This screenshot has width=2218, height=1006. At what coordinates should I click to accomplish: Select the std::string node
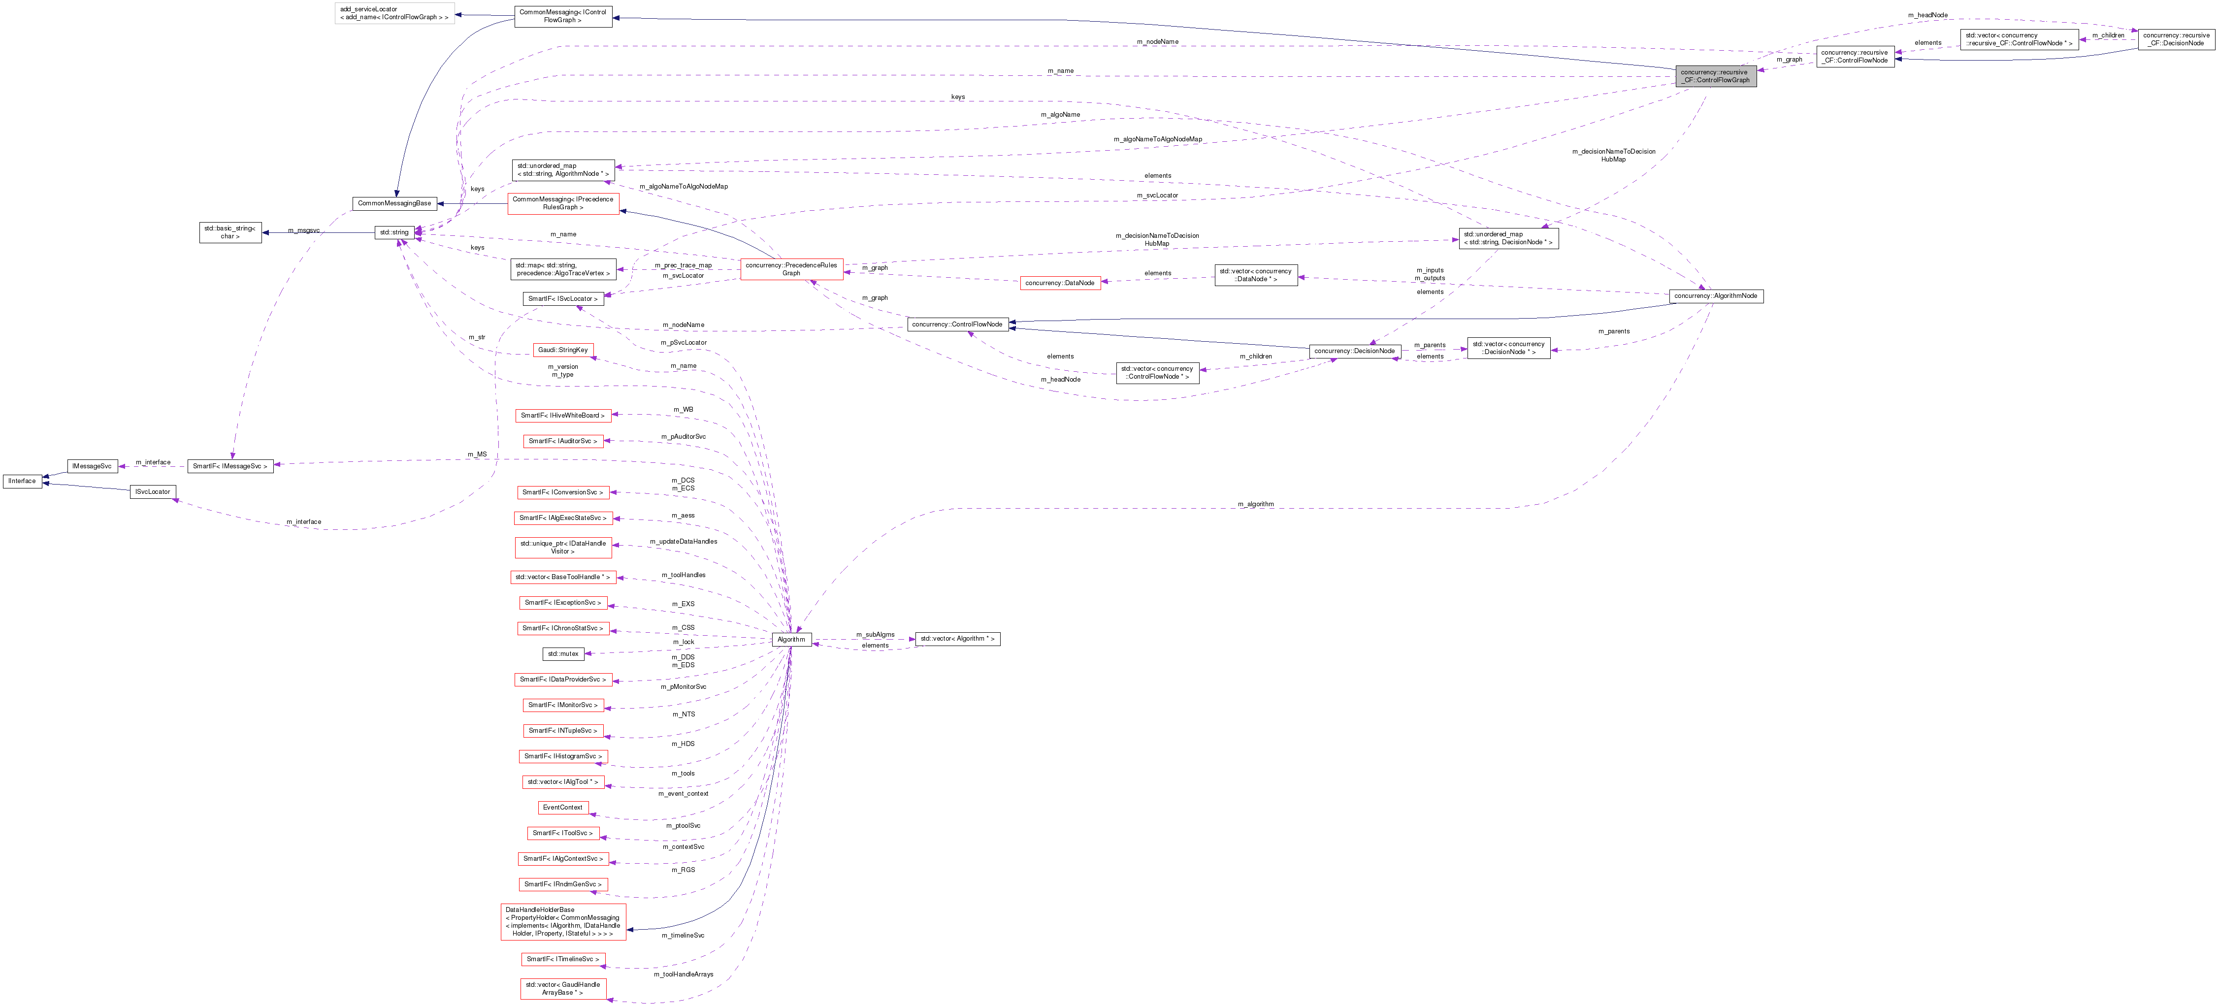pyautogui.click(x=394, y=232)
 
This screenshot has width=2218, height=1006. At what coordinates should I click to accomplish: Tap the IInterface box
pyautogui.click(x=22, y=481)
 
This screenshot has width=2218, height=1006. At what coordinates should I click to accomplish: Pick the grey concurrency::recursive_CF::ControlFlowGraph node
pyautogui.click(x=1715, y=76)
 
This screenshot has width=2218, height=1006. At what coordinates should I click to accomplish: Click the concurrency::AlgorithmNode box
pyautogui.click(x=1715, y=295)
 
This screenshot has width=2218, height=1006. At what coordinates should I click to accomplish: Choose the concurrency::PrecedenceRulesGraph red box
pyautogui.click(x=791, y=269)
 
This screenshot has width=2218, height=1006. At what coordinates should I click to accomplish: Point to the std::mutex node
pyautogui.click(x=563, y=654)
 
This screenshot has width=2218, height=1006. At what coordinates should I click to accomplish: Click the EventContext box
pyautogui.click(x=562, y=807)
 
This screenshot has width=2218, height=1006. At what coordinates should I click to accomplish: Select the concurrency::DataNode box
pyautogui.click(x=1059, y=283)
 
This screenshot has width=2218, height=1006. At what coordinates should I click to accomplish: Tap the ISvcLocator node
pyautogui.click(x=152, y=492)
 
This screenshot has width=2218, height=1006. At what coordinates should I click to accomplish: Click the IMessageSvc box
pyautogui.click(x=92, y=466)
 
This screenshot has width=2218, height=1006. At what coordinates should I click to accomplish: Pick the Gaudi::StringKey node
pyautogui.click(x=562, y=350)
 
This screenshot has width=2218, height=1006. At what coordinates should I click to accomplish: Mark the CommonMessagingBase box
pyautogui.click(x=394, y=203)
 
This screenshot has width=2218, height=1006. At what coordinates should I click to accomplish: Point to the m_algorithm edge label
pyautogui.click(x=1255, y=504)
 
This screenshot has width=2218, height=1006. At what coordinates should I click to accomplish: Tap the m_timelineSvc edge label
pyautogui.click(x=683, y=936)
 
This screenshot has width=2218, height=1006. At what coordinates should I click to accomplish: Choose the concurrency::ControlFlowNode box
pyautogui.click(x=957, y=324)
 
